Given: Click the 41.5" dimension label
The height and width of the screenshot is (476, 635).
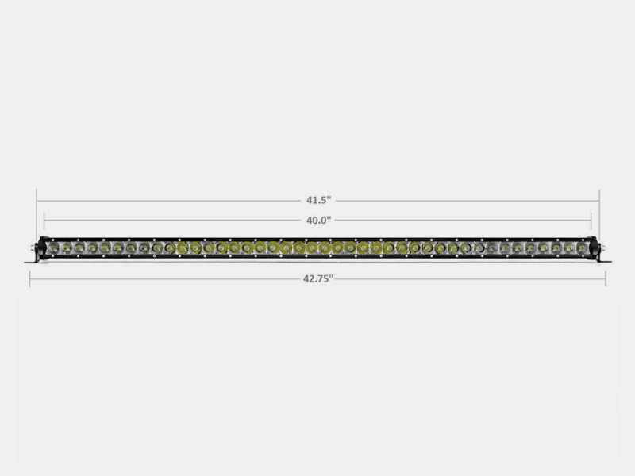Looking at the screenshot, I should tap(317, 201).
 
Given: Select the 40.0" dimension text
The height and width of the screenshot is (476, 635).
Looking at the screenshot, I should tap(317, 220).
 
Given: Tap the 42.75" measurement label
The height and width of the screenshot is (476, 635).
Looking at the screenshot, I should tap(317, 278).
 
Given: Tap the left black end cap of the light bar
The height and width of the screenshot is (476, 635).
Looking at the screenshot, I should tap(41, 248).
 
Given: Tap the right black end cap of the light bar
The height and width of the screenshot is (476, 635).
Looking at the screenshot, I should tap(594, 248).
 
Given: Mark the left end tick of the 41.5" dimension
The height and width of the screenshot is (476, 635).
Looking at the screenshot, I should tap(37, 201).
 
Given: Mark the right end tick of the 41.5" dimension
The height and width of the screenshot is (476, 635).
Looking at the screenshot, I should tap(599, 201).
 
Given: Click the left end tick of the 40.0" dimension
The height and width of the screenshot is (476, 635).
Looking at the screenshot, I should tap(44, 220).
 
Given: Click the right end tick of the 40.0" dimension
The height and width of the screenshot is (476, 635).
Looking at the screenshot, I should tap(591, 220).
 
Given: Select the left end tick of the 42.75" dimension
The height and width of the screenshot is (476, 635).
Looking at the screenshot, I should tap(30, 278).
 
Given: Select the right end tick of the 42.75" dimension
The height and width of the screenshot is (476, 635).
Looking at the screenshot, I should tap(606, 278).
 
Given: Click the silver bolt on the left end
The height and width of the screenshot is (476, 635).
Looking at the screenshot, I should tap(34, 248).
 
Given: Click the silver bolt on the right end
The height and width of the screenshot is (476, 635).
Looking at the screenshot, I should tap(602, 248).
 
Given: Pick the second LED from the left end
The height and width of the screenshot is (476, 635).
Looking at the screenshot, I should tap(67, 249).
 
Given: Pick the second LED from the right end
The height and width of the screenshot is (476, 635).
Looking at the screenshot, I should tap(569, 249).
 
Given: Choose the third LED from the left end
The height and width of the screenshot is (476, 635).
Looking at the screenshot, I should tap(79, 249).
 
